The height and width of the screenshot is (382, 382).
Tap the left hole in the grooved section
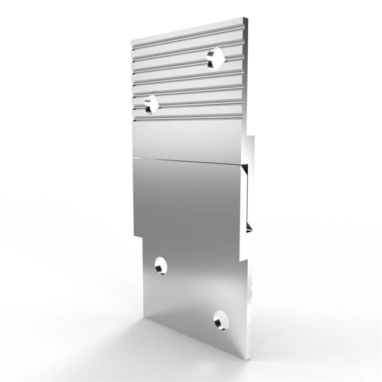coord(150,104)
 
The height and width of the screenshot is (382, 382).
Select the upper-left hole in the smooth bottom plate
coord(161,265)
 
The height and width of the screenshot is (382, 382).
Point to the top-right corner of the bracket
coord(246,19)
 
